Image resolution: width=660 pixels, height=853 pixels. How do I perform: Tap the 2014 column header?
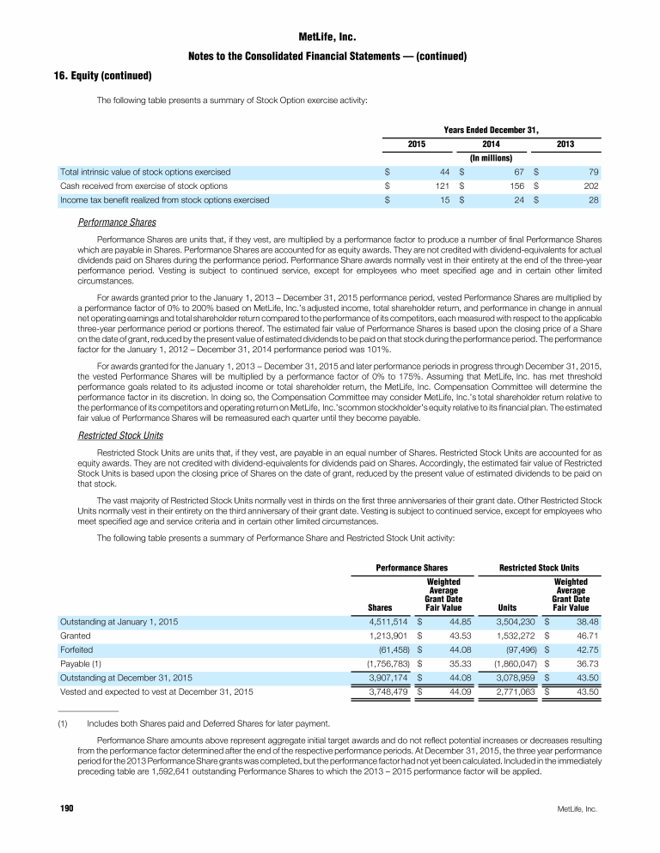pyautogui.click(x=492, y=143)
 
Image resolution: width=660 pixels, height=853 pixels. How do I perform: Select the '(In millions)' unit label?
pyautogui.click(x=491, y=157)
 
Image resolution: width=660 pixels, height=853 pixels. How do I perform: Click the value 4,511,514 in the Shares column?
pyautogui.click(x=389, y=620)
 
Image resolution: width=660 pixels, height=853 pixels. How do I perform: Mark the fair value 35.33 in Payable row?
pyautogui.click(x=450, y=664)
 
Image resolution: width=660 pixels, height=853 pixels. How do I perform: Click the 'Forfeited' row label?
pyautogui.click(x=76, y=649)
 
